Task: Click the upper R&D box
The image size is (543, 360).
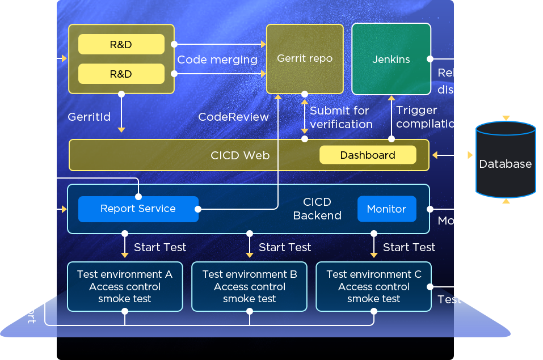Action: coord(121,44)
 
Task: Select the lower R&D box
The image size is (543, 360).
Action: coord(121,74)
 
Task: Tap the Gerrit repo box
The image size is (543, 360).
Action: coord(305,58)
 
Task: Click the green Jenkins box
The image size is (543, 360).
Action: coord(391,59)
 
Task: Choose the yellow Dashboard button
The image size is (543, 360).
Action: coord(368,155)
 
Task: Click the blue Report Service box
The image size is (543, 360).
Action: coord(138,209)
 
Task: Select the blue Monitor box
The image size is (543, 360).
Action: coord(386,209)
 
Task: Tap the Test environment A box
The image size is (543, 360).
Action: coord(125,286)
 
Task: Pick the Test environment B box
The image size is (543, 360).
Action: coord(250,286)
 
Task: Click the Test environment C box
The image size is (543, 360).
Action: coord(374,286)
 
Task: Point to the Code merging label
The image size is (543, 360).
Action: coord(217,60)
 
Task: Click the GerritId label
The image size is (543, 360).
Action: coord(89,117)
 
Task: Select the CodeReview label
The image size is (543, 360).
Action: coord(233,117)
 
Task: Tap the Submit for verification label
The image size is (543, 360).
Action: coord(341,117)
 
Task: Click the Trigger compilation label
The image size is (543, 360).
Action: coord(429,117)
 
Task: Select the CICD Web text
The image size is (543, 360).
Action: coord(240,155)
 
